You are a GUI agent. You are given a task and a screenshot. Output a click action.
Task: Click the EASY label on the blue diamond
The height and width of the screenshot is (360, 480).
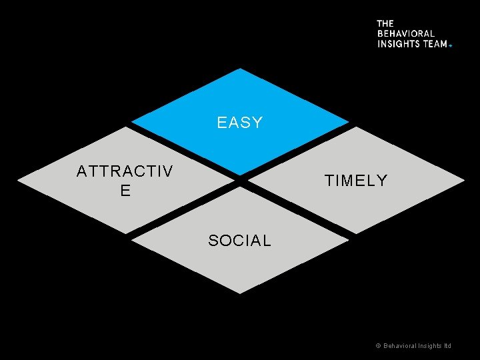click(240, 123)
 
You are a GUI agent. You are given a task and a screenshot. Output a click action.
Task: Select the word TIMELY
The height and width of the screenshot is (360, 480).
click(355, 181)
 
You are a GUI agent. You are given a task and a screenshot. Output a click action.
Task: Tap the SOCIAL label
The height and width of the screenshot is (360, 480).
click(239, 241)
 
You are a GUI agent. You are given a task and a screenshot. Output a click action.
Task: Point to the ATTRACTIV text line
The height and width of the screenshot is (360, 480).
click(125, 171)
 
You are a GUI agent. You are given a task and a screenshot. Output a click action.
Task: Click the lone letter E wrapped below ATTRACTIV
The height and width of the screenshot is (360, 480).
click(125, 191)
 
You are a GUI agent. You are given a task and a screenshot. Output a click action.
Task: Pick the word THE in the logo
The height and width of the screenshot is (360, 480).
click(385, 23)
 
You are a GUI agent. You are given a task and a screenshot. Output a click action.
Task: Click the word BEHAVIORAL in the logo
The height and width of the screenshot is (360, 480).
click(406, 33)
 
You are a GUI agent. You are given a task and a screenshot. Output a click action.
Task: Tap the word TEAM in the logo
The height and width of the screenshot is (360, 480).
click(435, 43)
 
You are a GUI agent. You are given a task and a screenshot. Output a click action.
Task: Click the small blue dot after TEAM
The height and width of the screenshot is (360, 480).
click(451, 45)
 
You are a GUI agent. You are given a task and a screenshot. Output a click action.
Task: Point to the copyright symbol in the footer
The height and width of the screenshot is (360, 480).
click(378, 346)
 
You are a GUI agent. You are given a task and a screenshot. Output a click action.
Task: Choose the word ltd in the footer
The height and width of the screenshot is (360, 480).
click(447, 346)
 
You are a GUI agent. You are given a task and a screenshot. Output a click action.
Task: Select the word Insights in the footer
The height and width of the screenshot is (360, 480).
click(429, 346)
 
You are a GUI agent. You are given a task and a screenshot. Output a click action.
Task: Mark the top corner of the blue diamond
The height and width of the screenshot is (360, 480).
click(240, 68)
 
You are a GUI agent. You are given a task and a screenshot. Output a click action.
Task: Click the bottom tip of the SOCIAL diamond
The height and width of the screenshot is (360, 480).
click(240, 293)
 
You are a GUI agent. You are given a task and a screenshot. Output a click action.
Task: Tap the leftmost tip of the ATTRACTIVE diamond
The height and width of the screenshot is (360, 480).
click(17, 181)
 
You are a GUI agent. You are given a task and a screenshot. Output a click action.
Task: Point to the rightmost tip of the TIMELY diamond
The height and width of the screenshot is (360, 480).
click(464, 180)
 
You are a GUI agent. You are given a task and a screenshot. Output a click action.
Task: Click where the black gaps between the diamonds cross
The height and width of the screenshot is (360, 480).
click(240, 180)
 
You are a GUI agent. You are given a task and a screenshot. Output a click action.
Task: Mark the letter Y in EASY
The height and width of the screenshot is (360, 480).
click(258, 123)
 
